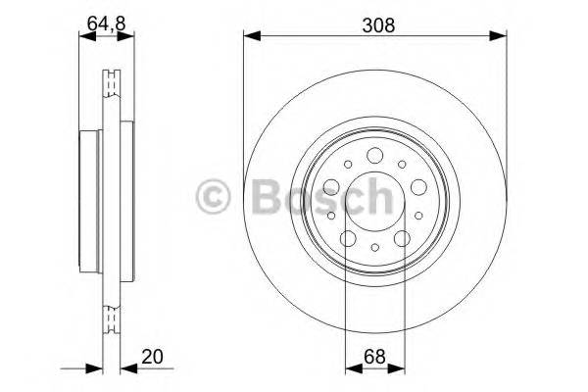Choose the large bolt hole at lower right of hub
403,238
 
